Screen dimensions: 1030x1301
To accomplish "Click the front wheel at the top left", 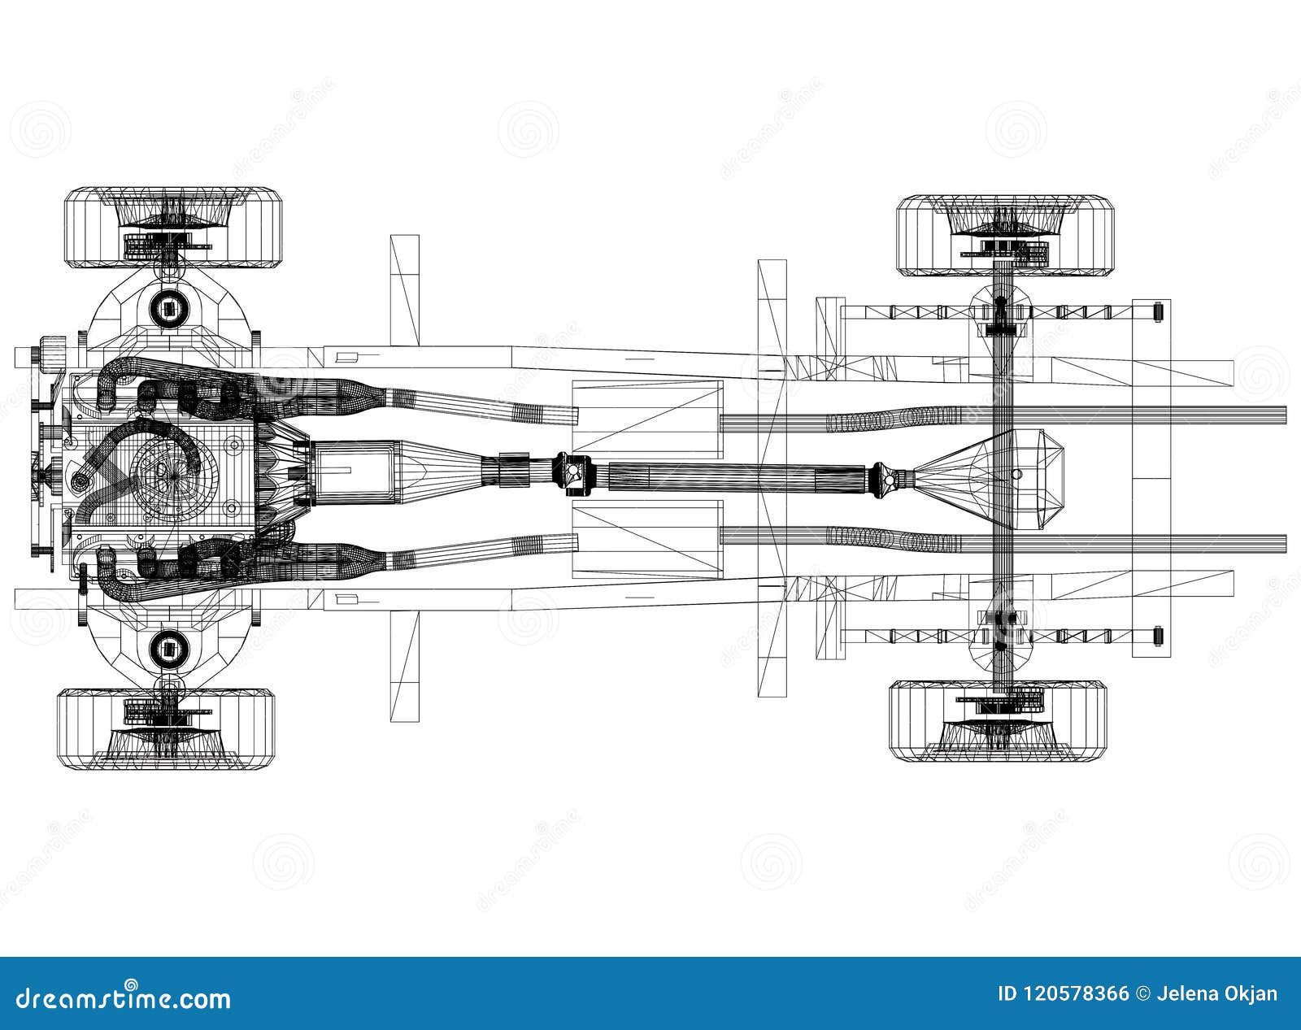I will pyautogui.click(x=173, y=228).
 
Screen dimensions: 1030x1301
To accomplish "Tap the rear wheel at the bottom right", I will pyautogui.click(x=999, y=720).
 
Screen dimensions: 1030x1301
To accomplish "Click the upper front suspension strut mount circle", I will pyautogui.click(x=168, y=308).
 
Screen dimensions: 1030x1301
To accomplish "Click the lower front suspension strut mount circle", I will pyautogui.click(x=168, y=648).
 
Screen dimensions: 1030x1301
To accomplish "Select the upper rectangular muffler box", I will pyautogui.click(x=647, y=416).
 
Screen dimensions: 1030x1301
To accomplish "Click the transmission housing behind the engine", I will pyautogui.click(x=350, y=471).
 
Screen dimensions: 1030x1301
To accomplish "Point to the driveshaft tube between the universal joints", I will pyautogui.click(x=732, y=475).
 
